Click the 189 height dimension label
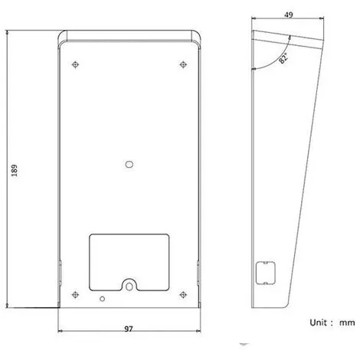click(15, 170)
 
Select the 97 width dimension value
click(129, 329)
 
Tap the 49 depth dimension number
click(289, 15)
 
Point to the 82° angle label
click(283, 58)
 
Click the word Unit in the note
click(318, 322)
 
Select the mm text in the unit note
click(347, 323)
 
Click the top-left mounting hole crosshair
click(75, 64)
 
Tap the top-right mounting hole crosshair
click(183, 64)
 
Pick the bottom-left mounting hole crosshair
click(75, 295)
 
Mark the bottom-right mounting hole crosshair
click(183, 295)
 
